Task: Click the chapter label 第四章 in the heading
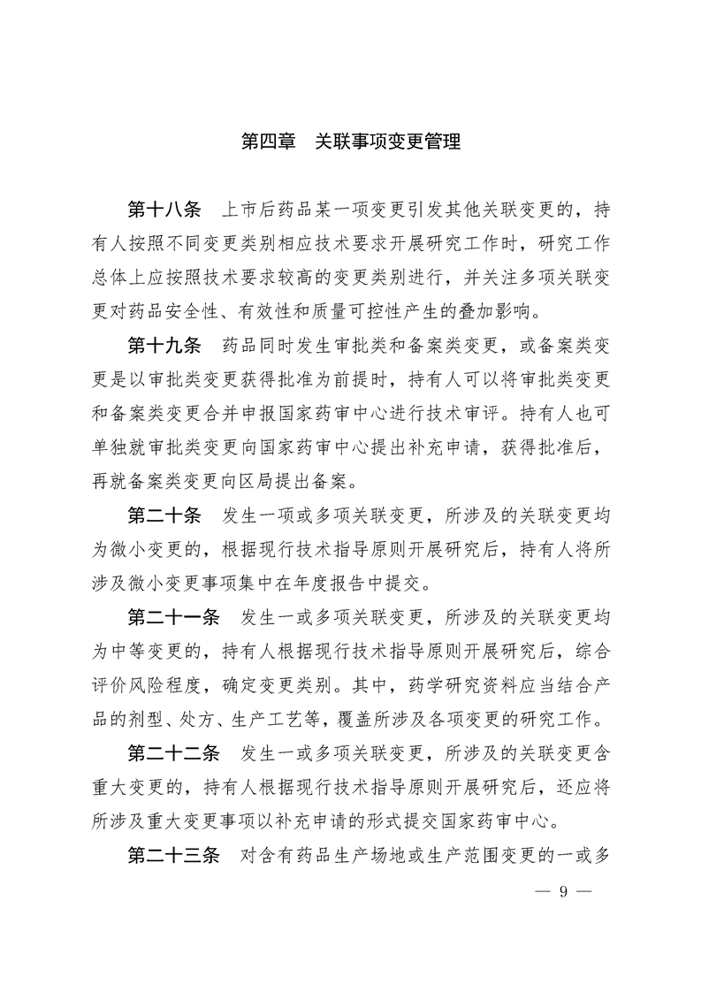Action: tap(268, 141)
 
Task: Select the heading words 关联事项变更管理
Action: tap(388, 141)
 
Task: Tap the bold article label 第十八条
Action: tap(165, 210)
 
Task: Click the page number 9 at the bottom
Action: tap(563, 890)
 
